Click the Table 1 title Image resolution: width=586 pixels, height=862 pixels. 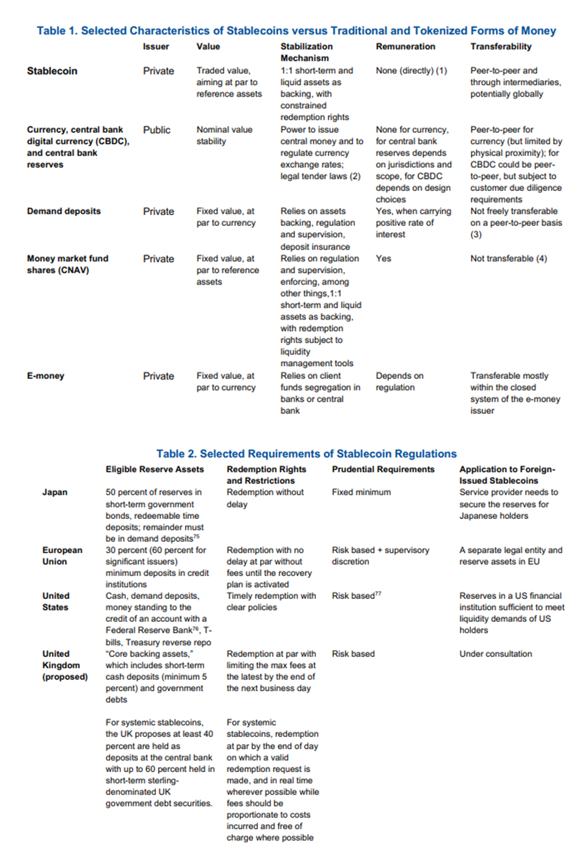point(296,31)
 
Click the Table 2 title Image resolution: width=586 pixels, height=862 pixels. point(306,453)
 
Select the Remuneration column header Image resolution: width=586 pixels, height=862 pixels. point(405,46)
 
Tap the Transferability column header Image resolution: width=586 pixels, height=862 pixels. point(500,46)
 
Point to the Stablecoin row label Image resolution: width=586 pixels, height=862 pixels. point(52,71)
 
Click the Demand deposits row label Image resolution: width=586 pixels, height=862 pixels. point(64,212)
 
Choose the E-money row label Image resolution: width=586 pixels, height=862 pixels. point(45,376)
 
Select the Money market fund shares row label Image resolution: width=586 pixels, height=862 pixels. point(67,264)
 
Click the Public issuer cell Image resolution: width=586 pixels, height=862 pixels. point(157,130)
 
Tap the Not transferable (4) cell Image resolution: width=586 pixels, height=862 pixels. point(508,258)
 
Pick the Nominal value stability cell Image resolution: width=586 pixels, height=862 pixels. point(224,136)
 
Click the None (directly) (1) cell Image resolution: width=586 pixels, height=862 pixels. point(411,71)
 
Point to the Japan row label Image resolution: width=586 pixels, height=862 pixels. point(56,492)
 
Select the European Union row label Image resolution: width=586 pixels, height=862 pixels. point(63,555)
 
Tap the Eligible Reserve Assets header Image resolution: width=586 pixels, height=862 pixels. point(154,469)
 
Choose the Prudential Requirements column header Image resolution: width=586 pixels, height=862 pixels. point(383,469)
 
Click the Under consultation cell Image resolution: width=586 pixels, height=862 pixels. point(495,653)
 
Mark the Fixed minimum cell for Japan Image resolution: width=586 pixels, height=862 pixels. point(361,492)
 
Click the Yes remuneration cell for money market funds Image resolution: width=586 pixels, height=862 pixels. point(384,258)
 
